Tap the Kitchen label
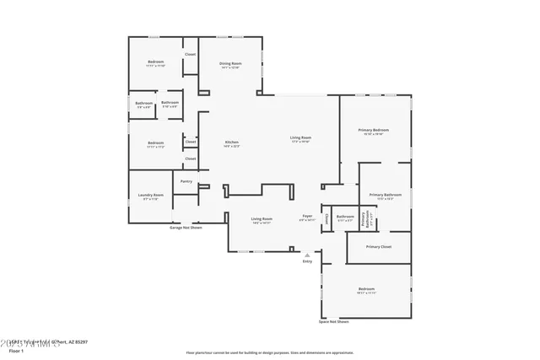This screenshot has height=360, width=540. tap(231, 142)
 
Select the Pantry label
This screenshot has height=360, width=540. tap(186, 181)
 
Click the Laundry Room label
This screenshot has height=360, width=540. tap(151, 196)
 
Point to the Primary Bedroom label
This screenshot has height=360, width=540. tap(373, 131)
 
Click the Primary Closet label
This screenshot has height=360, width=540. tap(379, 246)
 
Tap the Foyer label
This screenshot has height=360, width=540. tap(307, 217)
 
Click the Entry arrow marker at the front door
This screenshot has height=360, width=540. tap(307, 254)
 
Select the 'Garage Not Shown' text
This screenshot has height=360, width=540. tap(186, 228)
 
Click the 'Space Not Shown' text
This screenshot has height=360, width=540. tap(333, 322)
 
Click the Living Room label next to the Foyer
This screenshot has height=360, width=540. tap(262, 219)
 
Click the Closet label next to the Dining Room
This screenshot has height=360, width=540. tap(191, 54)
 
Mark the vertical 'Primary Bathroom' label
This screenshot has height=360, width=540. tap(364, 221)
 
